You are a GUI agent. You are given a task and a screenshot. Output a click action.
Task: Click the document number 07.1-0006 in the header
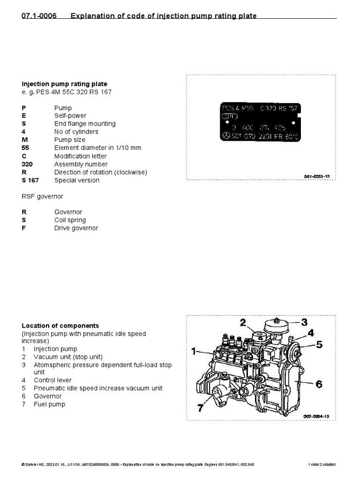coord(39,16)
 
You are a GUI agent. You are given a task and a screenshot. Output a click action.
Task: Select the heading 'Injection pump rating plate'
coord(64,84)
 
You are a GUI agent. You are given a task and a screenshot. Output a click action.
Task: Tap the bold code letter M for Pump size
coord(24,140)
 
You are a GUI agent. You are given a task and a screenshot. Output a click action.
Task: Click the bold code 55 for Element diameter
coord(25,148)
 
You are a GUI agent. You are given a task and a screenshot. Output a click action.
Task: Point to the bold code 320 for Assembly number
coord(27,164)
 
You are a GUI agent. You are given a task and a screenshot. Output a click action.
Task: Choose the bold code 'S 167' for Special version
coord(30,180)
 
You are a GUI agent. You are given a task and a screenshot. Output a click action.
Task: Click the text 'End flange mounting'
coord(85,124)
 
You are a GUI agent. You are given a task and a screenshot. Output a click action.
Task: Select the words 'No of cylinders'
coord(76,132)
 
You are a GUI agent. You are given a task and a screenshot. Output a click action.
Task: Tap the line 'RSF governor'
coord(42,196)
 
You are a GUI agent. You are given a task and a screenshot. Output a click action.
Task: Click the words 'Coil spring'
coord(70,220)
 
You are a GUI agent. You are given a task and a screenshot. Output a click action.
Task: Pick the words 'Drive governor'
coord(76,228)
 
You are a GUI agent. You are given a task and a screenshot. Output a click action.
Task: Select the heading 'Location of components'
coord(60,325)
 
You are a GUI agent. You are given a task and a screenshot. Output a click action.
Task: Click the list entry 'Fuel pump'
coord(49,404)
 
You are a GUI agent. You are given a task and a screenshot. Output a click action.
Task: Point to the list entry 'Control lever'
coord(52,380)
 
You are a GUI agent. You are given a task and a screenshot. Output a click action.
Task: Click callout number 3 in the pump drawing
coord(304,322)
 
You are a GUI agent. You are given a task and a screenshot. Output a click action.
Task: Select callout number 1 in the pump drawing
coord(195,351)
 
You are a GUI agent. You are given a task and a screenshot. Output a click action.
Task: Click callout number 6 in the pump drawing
coord(319,384)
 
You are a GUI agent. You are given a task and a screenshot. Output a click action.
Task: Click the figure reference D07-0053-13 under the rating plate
coord(317,176)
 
